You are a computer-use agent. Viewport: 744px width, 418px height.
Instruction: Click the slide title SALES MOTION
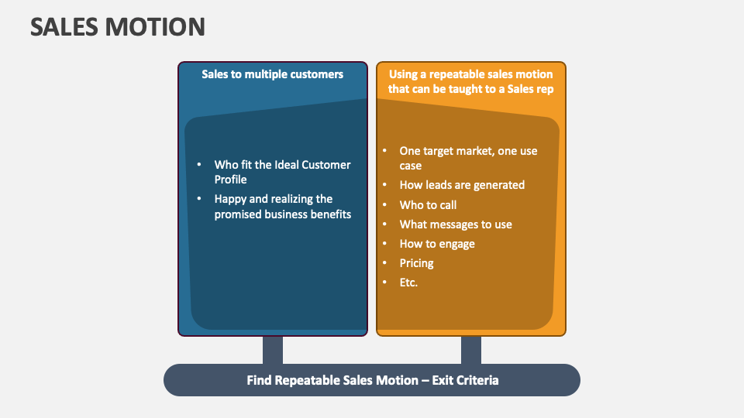(118, 27)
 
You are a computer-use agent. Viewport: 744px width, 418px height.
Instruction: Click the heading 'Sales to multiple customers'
(273, 74)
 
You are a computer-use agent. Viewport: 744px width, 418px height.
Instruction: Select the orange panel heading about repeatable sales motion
(470, 81)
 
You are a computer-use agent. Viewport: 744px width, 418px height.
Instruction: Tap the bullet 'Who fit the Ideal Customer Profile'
(282, 172)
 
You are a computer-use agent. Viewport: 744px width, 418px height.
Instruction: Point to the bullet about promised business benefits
(282, 207)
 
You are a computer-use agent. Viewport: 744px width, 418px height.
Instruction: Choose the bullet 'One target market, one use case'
(468, 158)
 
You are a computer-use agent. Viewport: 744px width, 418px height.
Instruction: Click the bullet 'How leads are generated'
(462, 185)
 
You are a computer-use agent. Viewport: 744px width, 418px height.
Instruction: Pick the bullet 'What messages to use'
(456, 224)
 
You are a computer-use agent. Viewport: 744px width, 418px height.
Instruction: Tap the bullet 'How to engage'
(437, 244)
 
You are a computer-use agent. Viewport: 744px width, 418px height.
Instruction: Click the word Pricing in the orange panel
(417, 263)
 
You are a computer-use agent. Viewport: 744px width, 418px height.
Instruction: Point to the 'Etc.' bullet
(408, 283)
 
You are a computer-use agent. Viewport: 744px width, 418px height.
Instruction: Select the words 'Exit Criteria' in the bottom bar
(464, 380)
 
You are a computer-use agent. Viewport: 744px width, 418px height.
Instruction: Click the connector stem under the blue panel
(273, 350)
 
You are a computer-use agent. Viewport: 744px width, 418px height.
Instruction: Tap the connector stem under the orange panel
(471, 350)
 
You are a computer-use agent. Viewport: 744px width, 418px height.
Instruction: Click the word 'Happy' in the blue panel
(231, 200)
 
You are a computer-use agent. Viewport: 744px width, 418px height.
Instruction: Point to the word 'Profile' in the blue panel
(231, 180)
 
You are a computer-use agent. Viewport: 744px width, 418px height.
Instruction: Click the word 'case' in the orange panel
(411, 166)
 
